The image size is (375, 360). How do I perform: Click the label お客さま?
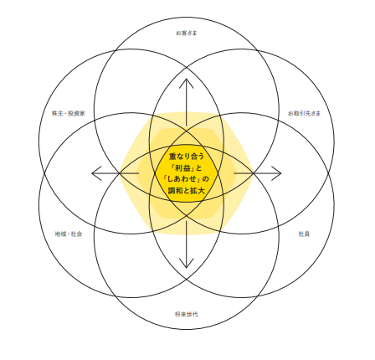[187, 33]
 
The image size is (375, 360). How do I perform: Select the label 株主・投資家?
[69, 113]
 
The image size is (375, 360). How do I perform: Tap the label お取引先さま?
[304, 113]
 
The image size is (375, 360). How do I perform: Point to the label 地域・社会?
[69, 234]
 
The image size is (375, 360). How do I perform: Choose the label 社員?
[304, 234]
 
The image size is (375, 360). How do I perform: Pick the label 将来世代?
[187, 314]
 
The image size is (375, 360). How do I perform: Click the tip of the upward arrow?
[187, 79]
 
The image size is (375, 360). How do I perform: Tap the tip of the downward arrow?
[187, 268]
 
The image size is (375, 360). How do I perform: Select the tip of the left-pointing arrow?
[92, 173]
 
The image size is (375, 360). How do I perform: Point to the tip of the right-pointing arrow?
[281, 173]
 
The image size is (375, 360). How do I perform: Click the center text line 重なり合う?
[187, 157]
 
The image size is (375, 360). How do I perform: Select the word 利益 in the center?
[182, 168]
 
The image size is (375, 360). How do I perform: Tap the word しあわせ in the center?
[182, 179]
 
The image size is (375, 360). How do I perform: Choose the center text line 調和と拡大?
[187, 191]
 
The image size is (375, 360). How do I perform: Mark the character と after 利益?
[198, 168]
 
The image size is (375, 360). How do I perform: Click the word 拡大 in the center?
[198, 191]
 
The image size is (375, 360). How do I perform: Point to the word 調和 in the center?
[175, 191]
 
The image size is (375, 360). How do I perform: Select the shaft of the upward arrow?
[187, 102]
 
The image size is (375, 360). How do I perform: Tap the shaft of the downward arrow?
[187, 244]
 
